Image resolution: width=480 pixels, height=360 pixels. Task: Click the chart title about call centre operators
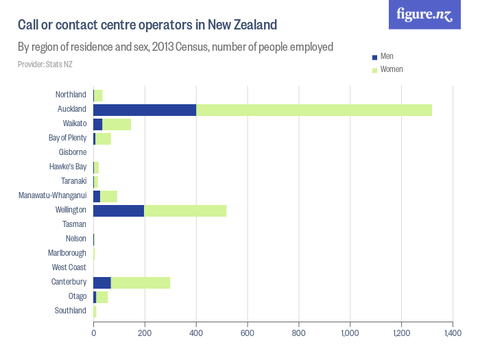click(x=147, y=25)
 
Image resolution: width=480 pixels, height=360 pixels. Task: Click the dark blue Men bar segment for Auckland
click(x=145, y=110)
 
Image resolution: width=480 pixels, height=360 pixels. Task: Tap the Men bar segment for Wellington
click(x=119, y=211)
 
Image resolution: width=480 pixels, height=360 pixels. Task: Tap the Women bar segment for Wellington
click(x=185, y=211)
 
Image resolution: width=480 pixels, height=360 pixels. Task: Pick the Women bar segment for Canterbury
click(x=141, y=283)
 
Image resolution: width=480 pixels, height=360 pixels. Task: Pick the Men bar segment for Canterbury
click(x=102, y=283)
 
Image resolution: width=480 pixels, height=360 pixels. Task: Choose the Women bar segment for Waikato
click(x=117, y=124)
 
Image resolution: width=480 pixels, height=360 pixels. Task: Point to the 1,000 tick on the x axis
click(x=350, y=333)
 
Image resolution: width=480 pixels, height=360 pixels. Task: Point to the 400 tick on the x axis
click(x=196, y=333)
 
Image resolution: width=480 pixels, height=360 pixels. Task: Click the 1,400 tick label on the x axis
click(x=452, y=333)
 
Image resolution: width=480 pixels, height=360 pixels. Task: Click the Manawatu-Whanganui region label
click(x=53, y=195)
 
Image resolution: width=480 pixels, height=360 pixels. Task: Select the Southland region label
click(x=70, y=311)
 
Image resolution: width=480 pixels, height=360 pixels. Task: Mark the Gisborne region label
click(x=72, y=152)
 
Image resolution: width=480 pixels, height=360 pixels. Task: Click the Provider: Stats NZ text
click(x=45, y=64)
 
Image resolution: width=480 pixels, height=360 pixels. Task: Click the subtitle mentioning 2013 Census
click(x=176, y=47)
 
